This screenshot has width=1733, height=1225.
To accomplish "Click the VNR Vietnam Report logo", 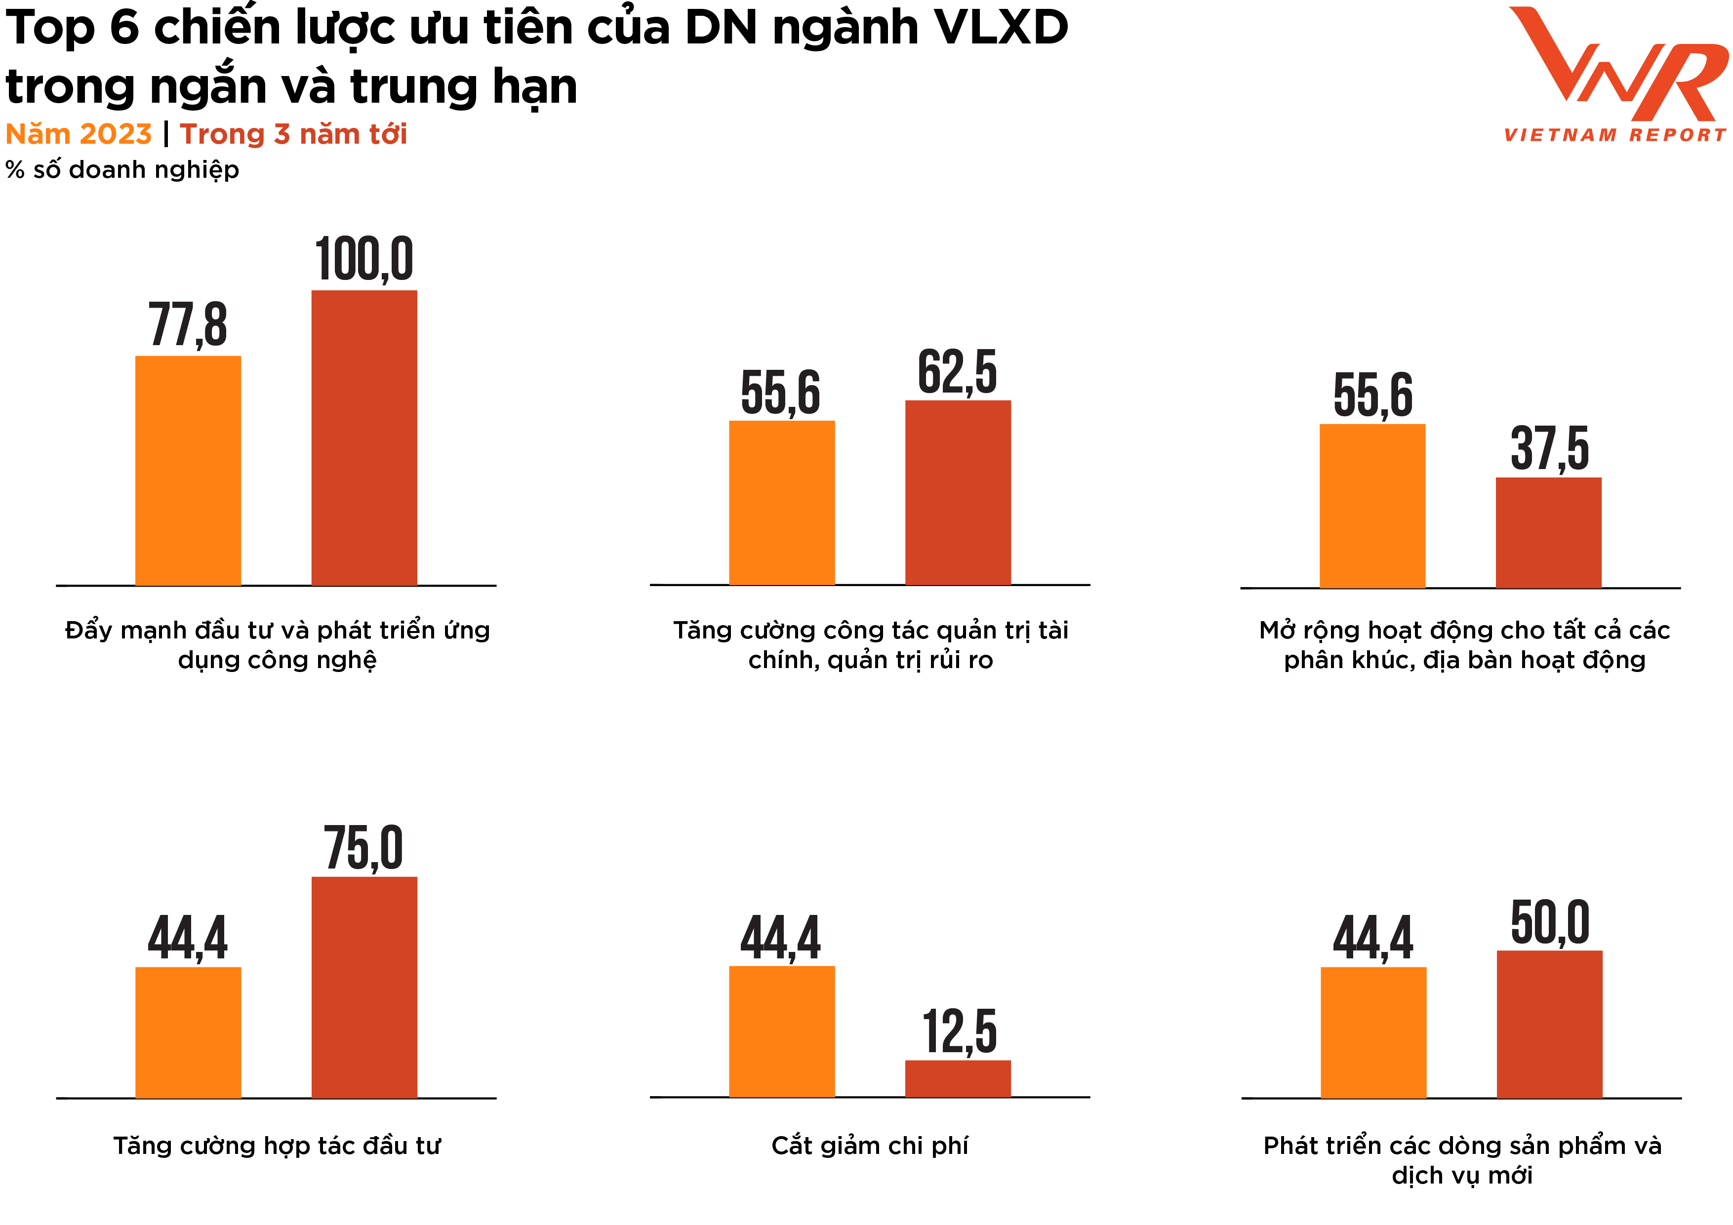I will point(1615,76).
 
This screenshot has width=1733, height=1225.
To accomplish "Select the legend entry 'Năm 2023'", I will point(79,134).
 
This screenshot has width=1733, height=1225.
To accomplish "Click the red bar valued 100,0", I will point(364,438).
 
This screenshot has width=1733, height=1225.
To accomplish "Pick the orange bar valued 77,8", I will point(188,470).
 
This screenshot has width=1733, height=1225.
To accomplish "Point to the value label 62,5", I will point(957,372).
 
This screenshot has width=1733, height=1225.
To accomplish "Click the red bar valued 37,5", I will point(1548,532).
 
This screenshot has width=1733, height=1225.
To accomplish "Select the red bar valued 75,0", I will point(364,987).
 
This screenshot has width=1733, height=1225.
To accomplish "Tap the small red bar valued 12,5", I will point(957,1078).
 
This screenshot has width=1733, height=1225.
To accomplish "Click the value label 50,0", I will point(1550,922).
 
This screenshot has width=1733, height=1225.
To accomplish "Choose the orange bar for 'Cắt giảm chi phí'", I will point(781,1031).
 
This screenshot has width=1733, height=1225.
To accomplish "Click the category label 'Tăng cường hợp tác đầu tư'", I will point(276,1146).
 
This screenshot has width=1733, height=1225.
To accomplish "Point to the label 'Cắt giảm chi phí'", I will point(870,1146).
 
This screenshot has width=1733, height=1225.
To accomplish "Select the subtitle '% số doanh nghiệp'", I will point(122,170).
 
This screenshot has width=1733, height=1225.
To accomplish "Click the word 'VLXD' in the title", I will point(1001,29).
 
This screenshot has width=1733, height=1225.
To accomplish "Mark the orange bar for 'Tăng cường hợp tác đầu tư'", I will point(188,1032).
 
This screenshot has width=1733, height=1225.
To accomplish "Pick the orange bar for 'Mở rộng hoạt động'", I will point(1371,506).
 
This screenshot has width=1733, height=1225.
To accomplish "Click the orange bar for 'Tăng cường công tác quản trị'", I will point(781,503).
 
